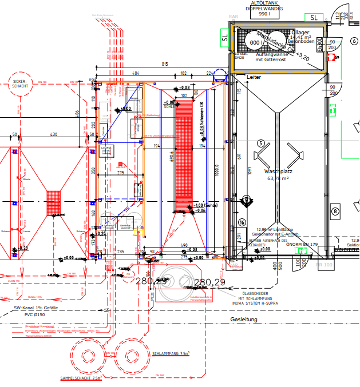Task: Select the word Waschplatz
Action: tap(278, 171)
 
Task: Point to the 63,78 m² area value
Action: tap(278, 178)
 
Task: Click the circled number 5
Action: tap(260, 143)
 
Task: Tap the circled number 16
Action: tap(242, 222)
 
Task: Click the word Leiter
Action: tap(254, 77)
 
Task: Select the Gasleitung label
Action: tap(244, 320)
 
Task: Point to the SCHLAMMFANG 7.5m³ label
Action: tap(171, 354)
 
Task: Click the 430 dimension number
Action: tap(54, 134)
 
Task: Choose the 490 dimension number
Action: tap(183, 245)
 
